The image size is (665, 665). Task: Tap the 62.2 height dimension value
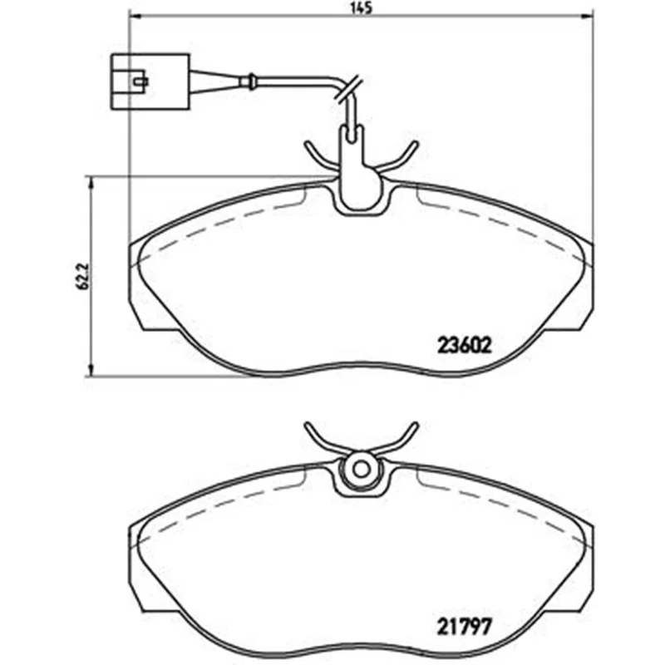(x=82, y=276)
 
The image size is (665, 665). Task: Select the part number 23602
(x=464, y=346)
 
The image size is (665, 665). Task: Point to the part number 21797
(x=464, y=626)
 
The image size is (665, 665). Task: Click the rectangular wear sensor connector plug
(x=150, y=81)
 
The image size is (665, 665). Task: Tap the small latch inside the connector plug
(x=140, y=81)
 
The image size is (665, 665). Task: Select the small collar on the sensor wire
(x=251, y=81)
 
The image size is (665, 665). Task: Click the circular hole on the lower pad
(x=362, y=469)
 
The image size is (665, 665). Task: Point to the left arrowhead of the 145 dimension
(x=135, y=17)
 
